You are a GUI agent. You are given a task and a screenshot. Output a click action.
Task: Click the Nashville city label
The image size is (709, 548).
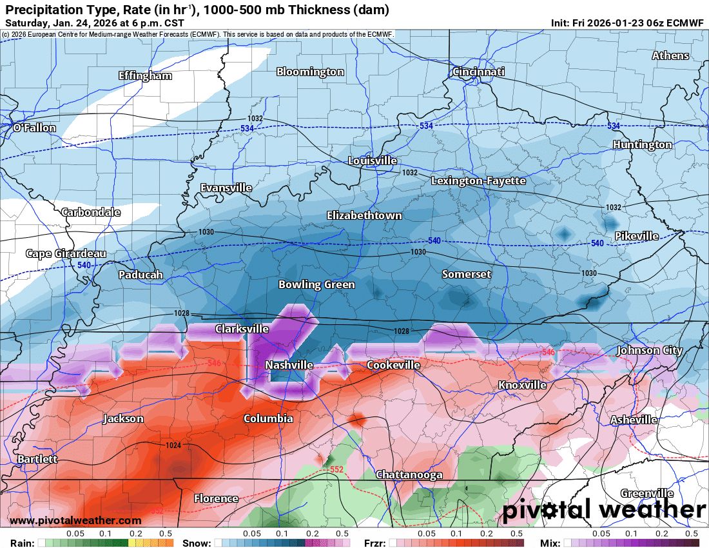[x=289, y=365]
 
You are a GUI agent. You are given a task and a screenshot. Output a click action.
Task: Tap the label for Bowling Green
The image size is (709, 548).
[x=316, y=284]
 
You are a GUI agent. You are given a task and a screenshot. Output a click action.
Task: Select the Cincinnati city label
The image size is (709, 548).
[x=478, y=72]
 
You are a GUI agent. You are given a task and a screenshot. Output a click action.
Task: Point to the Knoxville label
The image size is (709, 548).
[x=522, y=385]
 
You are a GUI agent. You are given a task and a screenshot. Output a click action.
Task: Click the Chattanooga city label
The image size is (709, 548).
[x=409, y=475]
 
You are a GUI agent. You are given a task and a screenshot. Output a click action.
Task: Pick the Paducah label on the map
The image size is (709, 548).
[x=141, y=275]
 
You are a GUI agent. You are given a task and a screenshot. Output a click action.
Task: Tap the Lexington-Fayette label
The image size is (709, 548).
[x=478, y=181]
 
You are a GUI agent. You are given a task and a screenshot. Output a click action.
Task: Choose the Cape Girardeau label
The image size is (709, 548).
[x=66, y=253]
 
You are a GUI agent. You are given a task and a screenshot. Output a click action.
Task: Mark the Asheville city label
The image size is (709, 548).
[x=634, y=420]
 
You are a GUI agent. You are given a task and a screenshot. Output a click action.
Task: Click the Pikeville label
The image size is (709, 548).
[x=636, y=236]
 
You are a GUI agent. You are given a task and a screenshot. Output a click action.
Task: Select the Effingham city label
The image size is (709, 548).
[x=145, y=75]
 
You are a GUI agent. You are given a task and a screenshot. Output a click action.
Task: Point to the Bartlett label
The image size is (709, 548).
[x=37, y=459]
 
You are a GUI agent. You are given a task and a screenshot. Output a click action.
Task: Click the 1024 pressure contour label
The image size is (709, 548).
[x=173, y=445]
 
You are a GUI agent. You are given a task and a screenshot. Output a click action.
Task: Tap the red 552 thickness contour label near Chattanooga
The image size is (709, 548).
[x=336, y=469]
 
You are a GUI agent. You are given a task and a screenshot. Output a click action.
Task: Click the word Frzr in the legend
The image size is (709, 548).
[x=374, y=543]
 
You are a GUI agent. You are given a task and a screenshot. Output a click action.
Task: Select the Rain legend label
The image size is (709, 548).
[x=22, y=543]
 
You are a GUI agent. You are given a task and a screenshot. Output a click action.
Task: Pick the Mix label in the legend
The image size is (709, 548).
[x=551, y=543]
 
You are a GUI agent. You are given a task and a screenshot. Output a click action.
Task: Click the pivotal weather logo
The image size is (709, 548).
[x=604, y=511]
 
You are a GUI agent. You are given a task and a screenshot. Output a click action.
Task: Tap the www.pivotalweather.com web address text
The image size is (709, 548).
[x=75, y=520]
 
